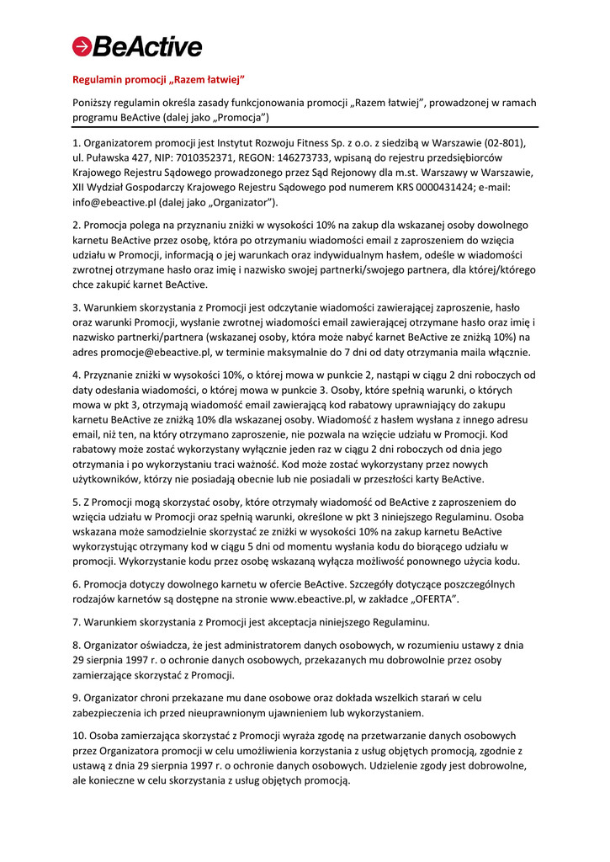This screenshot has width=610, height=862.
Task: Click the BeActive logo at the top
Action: coord(137,46)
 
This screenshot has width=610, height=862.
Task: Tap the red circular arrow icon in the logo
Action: coord(82,46)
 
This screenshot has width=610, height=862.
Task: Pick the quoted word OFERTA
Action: coord(433,599)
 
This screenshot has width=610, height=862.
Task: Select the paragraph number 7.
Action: coord(76,622)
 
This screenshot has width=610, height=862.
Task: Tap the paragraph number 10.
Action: coord(79,735)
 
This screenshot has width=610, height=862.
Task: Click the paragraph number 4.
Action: coord(76,375)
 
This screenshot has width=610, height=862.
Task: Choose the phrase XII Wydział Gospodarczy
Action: coord(134,188)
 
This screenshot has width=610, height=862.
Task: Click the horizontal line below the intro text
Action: coord(305,126)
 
